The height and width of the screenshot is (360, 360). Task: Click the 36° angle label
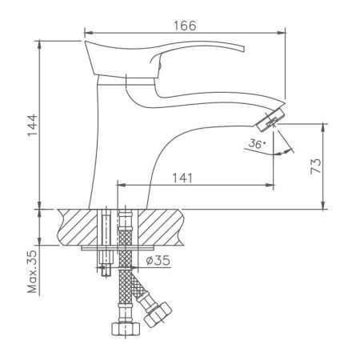[x=255, y=145]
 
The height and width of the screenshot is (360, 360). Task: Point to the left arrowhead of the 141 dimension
[x=121, y=185]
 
